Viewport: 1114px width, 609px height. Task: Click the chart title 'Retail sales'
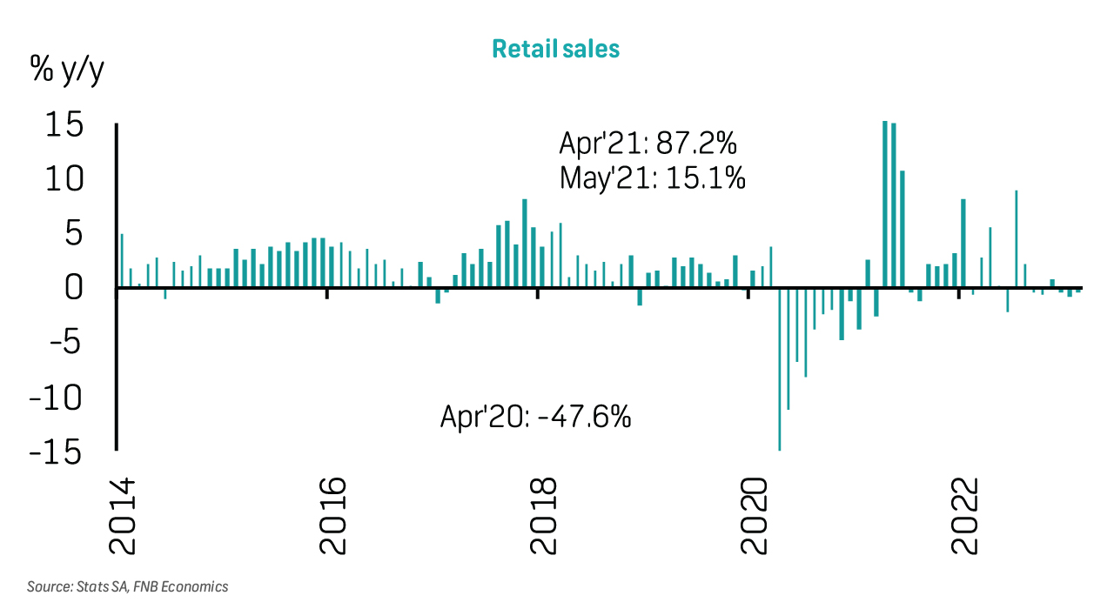[555, 49]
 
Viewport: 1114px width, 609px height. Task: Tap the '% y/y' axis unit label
[67, 70]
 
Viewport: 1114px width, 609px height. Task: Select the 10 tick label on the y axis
[65, 179]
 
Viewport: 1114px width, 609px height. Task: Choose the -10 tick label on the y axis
[57, 398]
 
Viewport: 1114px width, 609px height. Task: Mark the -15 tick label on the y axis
[57, 452]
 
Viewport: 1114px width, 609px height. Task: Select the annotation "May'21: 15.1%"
[653, 178]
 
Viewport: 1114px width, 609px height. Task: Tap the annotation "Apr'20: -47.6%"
[535, 418]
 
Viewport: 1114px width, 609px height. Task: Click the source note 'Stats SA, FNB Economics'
[128, 587]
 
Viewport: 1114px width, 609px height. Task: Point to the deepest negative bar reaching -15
[779, 369]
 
